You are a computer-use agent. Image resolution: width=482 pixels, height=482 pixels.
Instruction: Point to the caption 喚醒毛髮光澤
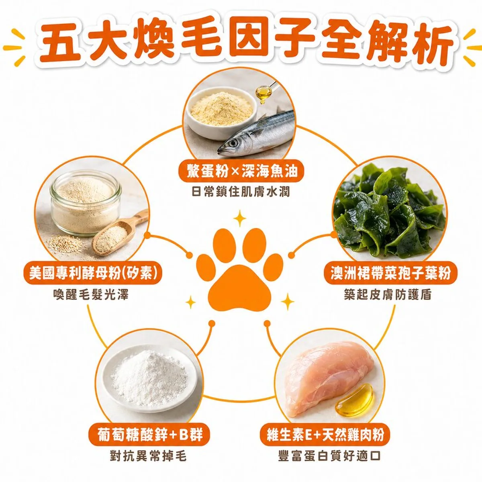click(91, 294)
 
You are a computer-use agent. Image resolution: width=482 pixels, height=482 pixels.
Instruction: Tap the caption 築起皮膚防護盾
click(388, 294)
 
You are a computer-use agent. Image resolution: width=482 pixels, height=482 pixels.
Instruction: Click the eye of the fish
click(233, 143)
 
